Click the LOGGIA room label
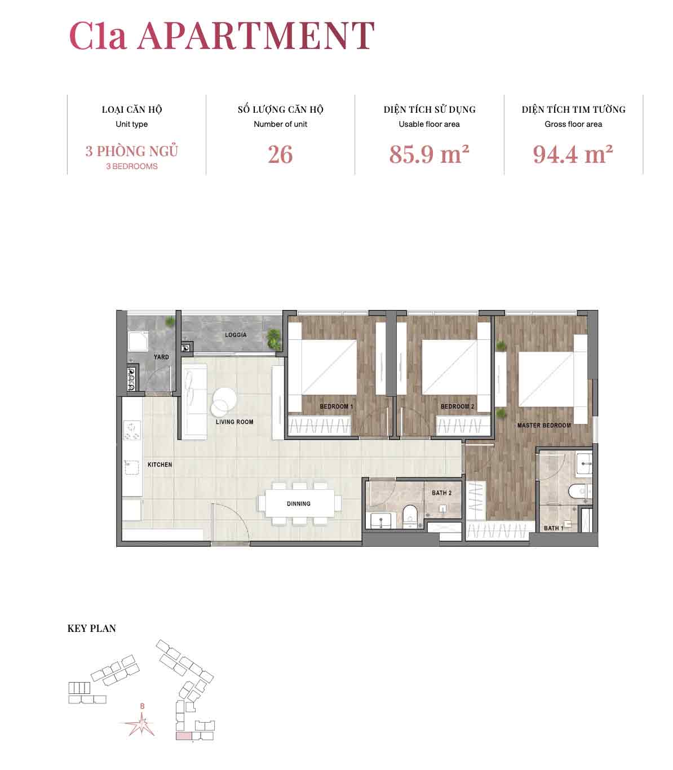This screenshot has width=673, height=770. pos(236,335)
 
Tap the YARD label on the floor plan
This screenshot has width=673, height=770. pos(161,357)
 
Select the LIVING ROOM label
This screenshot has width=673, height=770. pos(234,422)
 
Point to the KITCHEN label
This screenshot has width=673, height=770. pos(160,465)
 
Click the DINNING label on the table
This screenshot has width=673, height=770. pos(298,503)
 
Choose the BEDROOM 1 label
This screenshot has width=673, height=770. pos(336,406)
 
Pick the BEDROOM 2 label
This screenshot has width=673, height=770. pos(457,406)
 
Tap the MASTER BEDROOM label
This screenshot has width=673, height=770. pos(544,425)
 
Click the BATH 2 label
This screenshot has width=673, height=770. pos(441,493)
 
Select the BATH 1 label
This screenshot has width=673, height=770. pos(554,528)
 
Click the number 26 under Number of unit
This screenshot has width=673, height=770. pos(280,154)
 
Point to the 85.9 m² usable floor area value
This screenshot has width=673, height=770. pos(429,154)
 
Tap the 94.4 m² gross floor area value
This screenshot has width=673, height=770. pos(573,154)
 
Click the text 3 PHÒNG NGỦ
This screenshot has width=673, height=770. pos(132,151)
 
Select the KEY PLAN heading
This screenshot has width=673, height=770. pos(91,628)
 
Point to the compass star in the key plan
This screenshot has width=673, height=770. pos(141,724)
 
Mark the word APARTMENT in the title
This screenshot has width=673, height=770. pos(256,36)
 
